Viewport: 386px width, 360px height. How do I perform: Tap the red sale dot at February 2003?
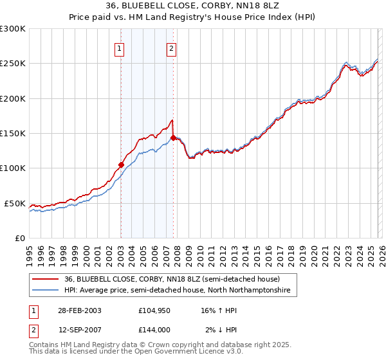pyautogui.click(x=121, y=165)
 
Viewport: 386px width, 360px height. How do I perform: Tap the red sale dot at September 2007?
pyautogui.click(x=173, y=138)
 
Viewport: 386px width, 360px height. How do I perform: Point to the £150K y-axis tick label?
pyautogui.click(x=13, y=134)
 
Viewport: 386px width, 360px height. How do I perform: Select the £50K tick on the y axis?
pyautogui.click(x=15, y=203)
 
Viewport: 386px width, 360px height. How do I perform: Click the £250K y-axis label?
pyautogui.click(x=13, y=64)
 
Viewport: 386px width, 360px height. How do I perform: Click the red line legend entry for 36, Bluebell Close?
pyautogui.click(x=172, y=280)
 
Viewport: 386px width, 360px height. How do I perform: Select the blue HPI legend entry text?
pyautogui.click(x=177, y=291)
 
